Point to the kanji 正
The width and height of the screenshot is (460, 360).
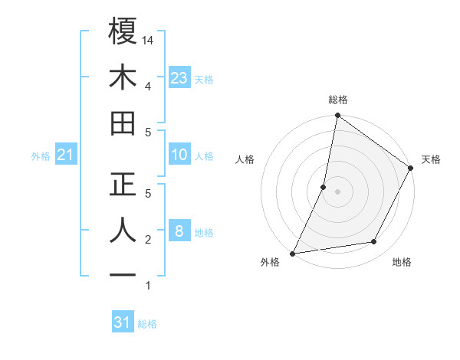(x=123, y=185)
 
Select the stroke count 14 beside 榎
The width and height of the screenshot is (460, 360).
(x=149, y=39)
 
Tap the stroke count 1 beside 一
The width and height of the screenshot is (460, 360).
(x=147, y=286)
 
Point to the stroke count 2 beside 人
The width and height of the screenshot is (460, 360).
(x=147, y=240)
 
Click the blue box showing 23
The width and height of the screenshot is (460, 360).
(x=179, y=78)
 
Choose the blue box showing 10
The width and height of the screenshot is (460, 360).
(x=179, y=155)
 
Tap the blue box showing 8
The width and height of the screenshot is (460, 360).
(x=179, y=231)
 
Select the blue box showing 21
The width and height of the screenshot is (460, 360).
(x=65, y=155)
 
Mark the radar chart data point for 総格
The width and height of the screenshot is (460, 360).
(x=337, y=116)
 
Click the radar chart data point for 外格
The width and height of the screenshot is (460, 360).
(x=293, y=253)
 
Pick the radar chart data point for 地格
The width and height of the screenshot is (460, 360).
(x=374, y=242)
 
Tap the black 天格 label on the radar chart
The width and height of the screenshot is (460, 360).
(x=431, y=159)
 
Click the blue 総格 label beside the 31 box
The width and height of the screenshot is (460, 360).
(x=147, y=324)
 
